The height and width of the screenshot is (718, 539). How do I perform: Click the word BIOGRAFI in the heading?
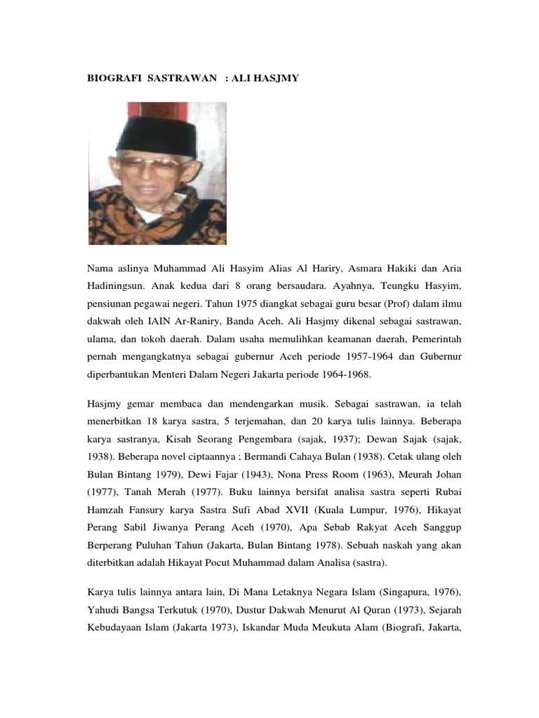[x=113, y=79]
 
